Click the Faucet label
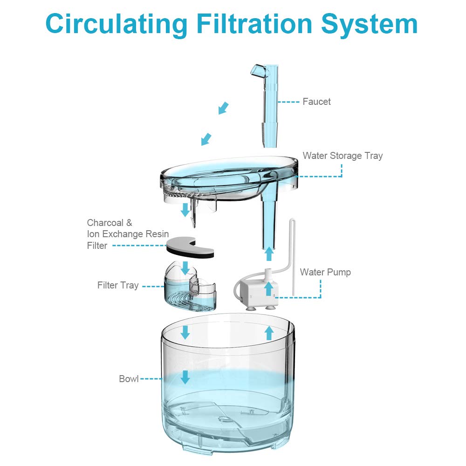316,102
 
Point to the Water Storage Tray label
343,156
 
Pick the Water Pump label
325,272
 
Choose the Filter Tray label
118,285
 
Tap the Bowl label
129,378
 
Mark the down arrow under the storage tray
185,210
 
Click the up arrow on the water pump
268,289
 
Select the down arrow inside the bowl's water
185,377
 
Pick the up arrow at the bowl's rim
268,332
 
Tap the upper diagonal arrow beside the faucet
224,108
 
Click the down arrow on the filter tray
185,267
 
